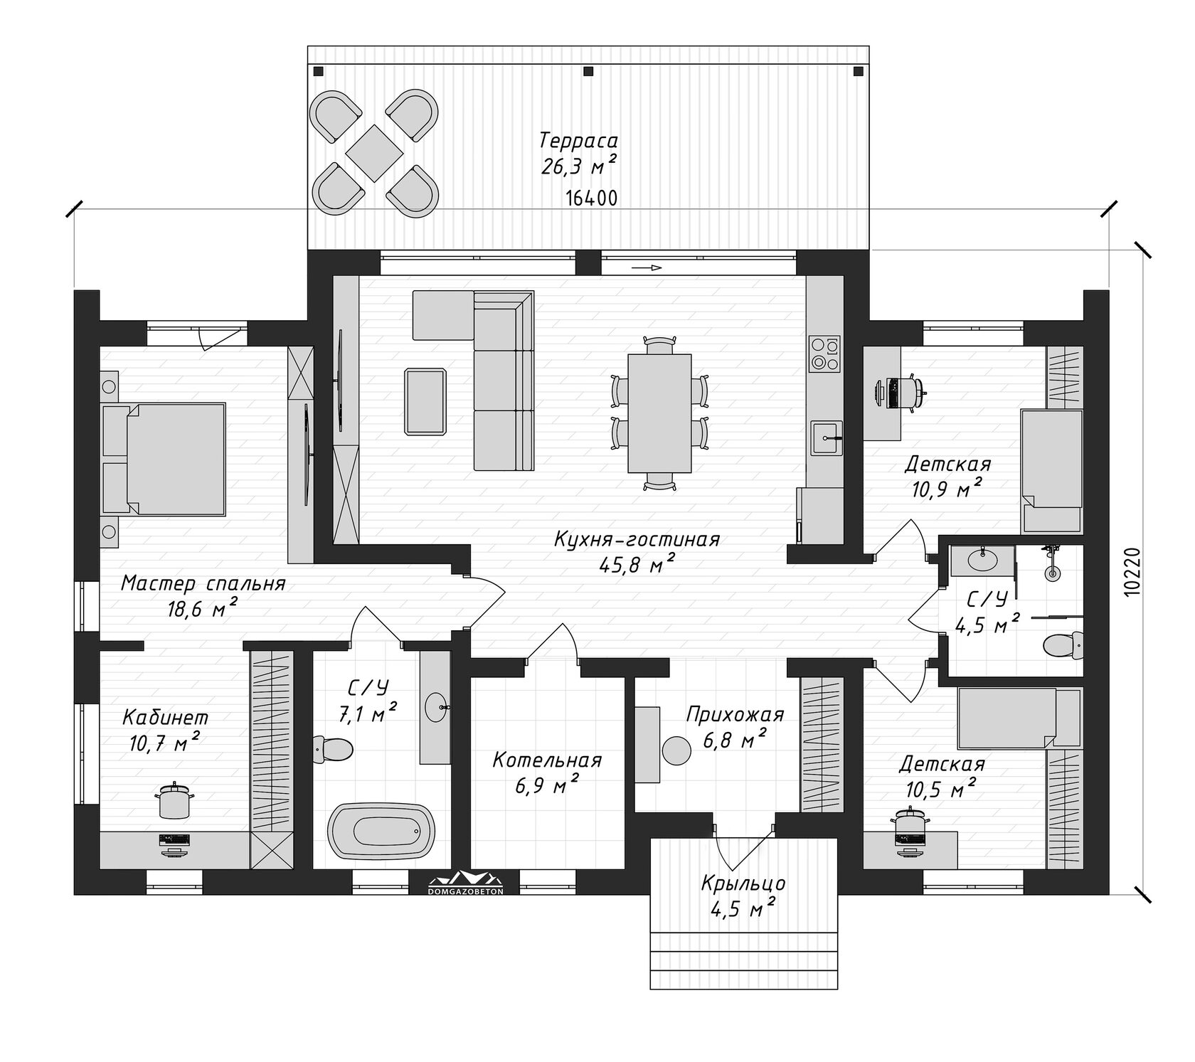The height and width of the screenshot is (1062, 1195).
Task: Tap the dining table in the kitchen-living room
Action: tap(659, 413)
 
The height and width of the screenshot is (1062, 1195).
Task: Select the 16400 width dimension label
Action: tap(592, 198)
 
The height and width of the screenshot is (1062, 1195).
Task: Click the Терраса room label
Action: tap(578, 139)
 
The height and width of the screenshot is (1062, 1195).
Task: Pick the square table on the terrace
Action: tap(374, 152)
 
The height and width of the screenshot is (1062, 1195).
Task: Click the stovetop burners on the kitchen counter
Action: tap(825, 354)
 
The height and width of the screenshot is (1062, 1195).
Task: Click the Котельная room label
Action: tap(547, 760)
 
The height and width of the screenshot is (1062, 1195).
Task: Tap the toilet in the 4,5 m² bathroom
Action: tap(1062, 646)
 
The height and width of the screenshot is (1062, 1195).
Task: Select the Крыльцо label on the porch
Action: tap(743, 883)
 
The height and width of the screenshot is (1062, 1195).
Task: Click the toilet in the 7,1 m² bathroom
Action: tap(332, 749)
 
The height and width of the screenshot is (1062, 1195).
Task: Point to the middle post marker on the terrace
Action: tap(588, 71)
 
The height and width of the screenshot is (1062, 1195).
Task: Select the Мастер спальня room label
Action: tap(203, 583)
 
